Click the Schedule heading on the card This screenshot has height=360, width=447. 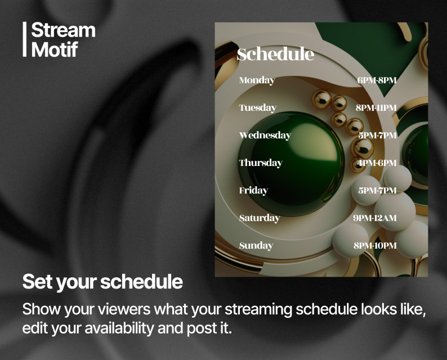tap(275, 55)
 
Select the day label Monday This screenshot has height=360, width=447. tap(257, 80)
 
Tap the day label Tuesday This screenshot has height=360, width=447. tap(257, 108)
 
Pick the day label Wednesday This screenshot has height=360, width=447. tap(265, 136)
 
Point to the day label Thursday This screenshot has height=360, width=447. tap(260, 163)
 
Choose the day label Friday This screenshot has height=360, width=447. tap(253, 191)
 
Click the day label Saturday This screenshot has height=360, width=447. tap(259, 218)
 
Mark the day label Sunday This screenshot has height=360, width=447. tap(256, 246)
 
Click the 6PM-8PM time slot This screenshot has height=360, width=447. tap(377, 80)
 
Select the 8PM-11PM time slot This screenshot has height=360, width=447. tap(376, 108)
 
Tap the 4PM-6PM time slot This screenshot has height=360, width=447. tap(377, 163)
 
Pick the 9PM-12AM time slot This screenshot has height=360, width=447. tap(375, 218)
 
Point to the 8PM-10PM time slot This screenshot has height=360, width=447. tap(375, 246)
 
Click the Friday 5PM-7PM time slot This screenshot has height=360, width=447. tap(377, 191)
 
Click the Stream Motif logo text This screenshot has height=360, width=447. tap(63, 39)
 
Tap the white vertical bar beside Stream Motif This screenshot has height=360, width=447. tap(25, 39)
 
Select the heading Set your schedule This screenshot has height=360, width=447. tap(102, 282)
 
